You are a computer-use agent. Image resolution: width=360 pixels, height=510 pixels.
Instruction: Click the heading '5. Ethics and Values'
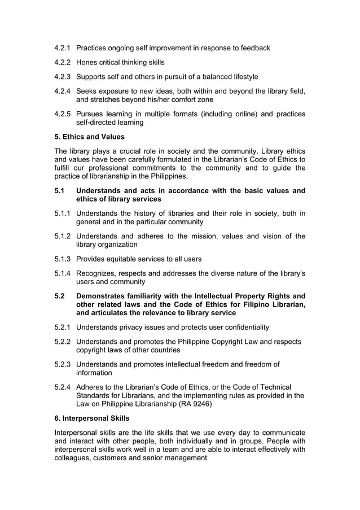pyautogui.click(x=89, y=137)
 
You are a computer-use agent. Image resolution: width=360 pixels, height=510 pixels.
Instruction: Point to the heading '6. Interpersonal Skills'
pyautogui.click(x=92, y=418)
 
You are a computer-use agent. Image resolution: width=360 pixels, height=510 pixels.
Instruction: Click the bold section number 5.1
pyautogui.click(x=59, y=191)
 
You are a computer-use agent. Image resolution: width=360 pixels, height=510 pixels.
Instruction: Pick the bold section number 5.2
pyautogui.click(x=59, y=296)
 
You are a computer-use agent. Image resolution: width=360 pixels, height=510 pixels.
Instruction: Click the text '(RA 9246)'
pyautogui.click(x=200, y=404)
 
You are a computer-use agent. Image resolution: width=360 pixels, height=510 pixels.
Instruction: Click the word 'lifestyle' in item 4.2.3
pyautogui.click(x=243, y=76)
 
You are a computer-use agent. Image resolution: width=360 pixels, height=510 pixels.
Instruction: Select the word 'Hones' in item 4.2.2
pyautogui.click(x=87, y=62)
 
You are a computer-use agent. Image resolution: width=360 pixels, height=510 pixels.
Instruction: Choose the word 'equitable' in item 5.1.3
pyautogui.click(x=124, y=259)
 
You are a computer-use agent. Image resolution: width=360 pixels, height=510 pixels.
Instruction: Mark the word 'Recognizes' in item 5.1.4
pyautogui.click(x=98, y=273)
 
